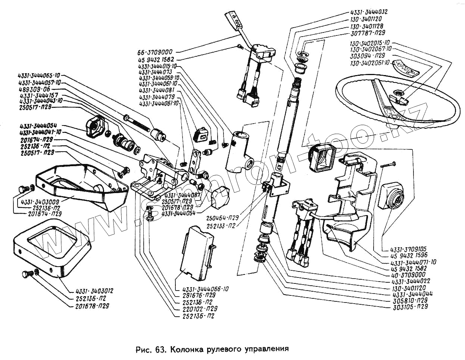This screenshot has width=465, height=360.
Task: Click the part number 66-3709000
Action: click(x=155, y=52)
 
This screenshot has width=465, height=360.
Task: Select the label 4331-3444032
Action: click(x=369, y=12)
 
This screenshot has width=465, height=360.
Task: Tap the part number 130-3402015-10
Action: click(x=370, y=43)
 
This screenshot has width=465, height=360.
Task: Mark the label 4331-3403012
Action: click(x=94, y=291)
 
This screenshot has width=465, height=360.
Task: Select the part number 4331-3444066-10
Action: click(x=205, y=289)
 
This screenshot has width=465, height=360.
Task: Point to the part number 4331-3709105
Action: click(x=408, y=249)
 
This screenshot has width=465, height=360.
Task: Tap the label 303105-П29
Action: click(x=410, y=307)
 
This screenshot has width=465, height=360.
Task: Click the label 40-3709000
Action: click(x=408, y=274)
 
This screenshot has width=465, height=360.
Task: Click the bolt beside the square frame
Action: click(x=25, y=276)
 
